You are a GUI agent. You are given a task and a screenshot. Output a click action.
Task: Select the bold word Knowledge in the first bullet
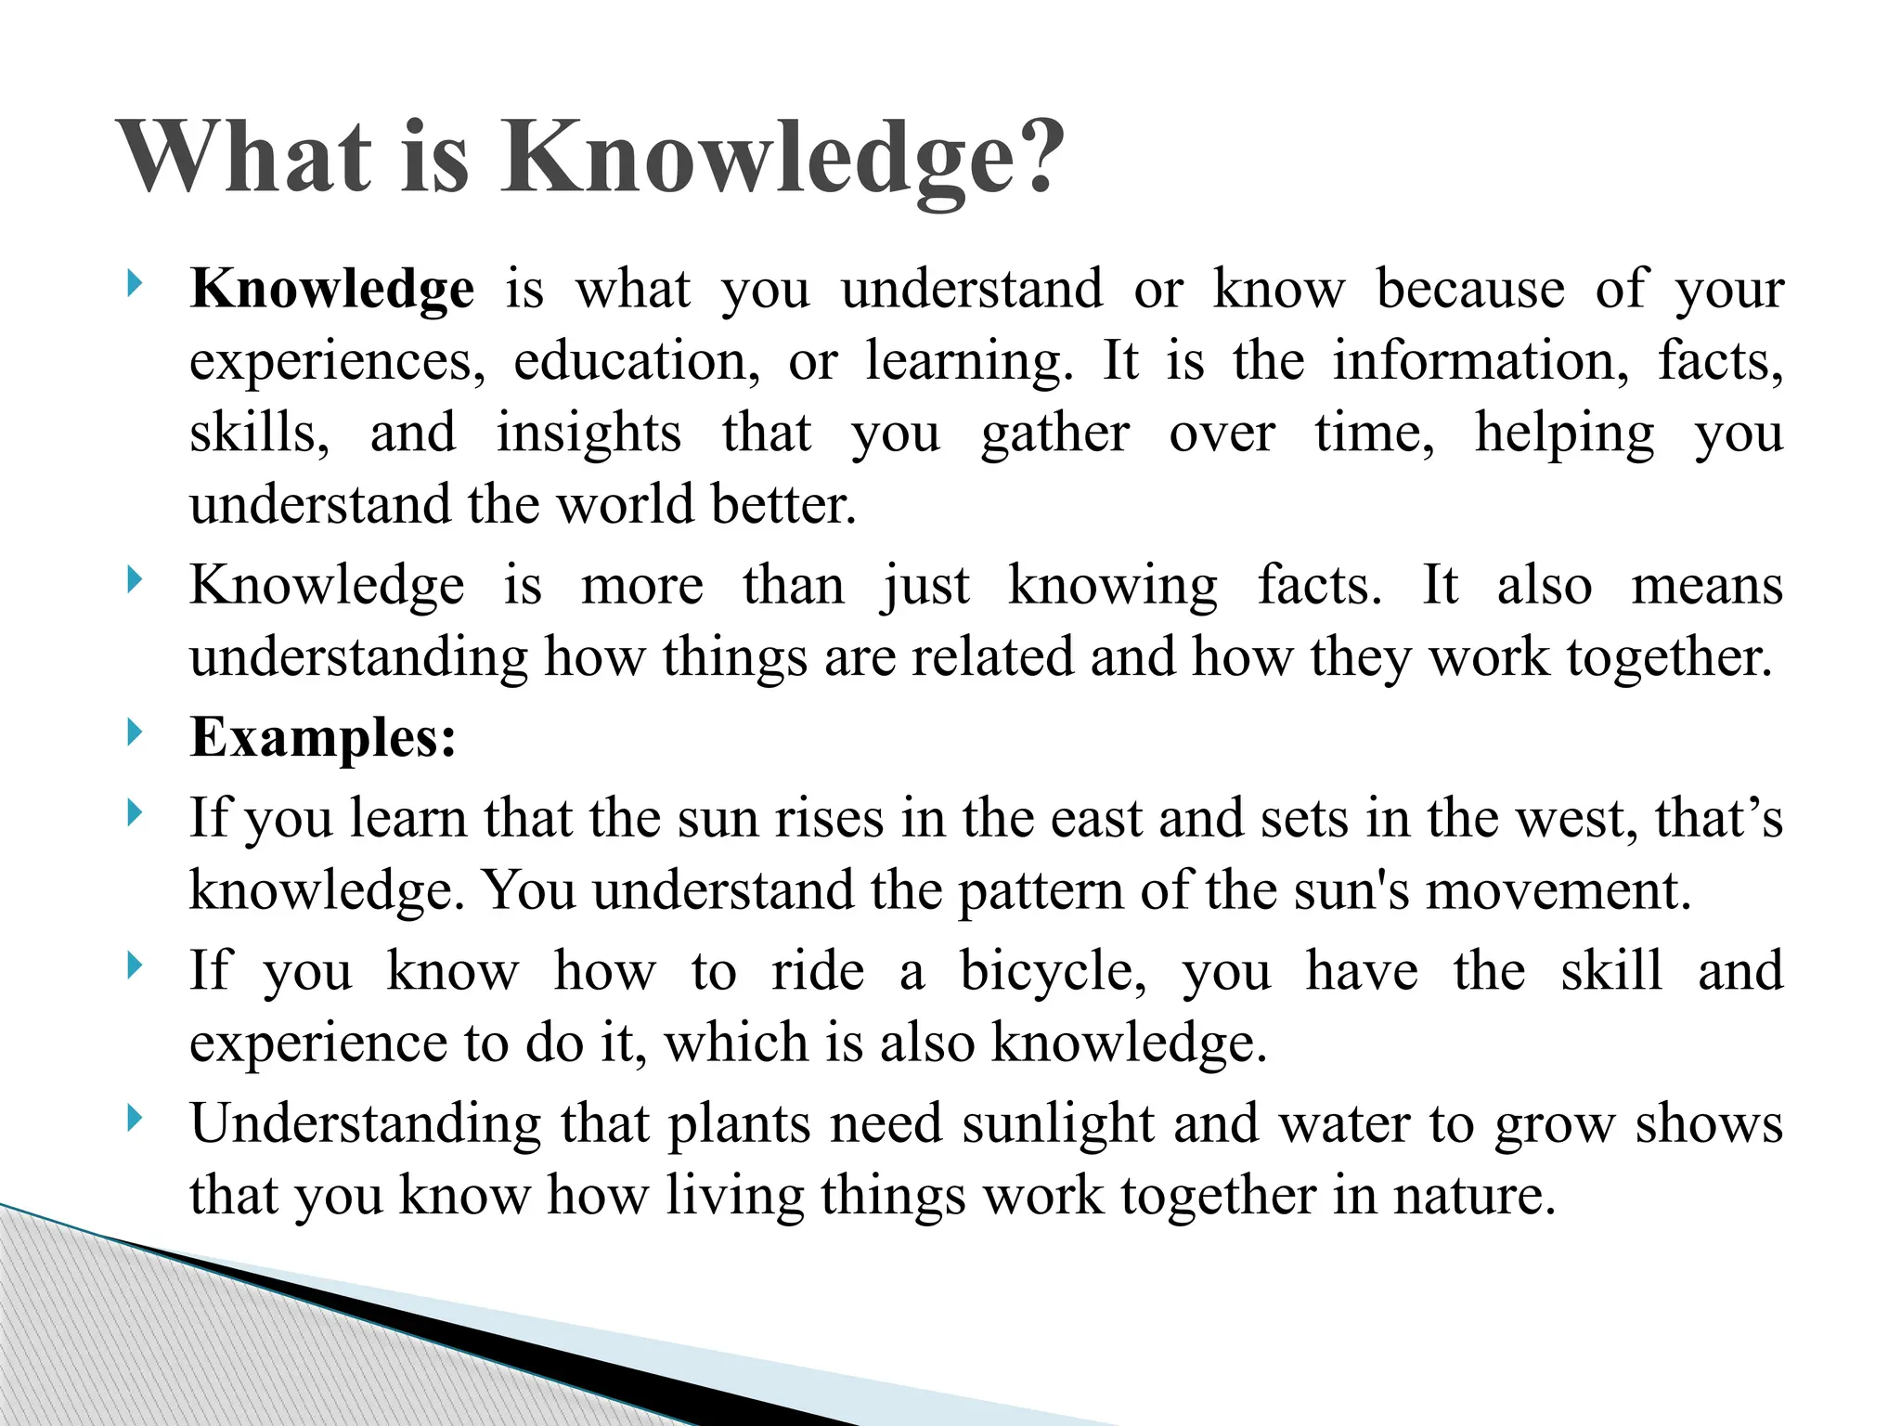point(331,290)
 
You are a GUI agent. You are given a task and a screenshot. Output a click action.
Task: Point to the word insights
point(588,434)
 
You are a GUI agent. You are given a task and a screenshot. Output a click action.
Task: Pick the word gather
point(1054,434)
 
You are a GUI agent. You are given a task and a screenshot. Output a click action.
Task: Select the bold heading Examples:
point(323,739)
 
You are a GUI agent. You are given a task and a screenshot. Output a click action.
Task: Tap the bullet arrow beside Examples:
point(136,732)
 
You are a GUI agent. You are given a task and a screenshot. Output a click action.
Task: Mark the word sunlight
point(1058,1124)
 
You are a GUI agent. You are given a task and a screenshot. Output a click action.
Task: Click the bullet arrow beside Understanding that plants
point(136,1118)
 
